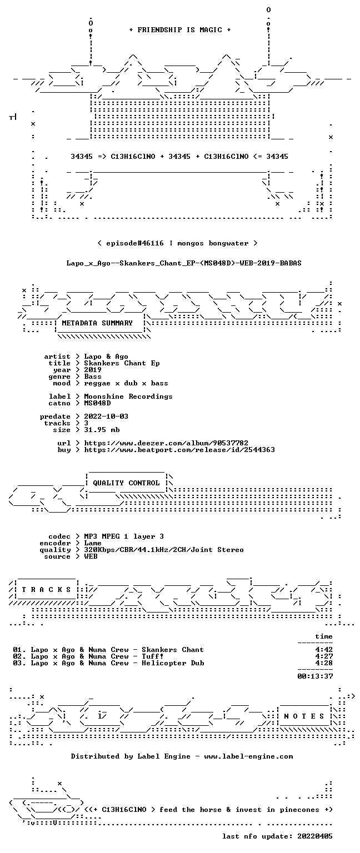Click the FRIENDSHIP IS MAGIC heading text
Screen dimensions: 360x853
[x=180, y=29]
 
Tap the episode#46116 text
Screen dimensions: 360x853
[x=135, y=243]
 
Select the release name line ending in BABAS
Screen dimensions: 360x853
[x=184, y=263]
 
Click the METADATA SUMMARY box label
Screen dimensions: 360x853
[x=97, y=323]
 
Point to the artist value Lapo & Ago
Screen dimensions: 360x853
[x=106, y=357]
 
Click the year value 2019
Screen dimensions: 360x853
[x=93, y=370]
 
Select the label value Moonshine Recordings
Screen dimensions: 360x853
[x=128, y=397]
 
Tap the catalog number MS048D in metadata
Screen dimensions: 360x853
[x=98, y=403]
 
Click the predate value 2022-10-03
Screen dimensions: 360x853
[x=106, y=416]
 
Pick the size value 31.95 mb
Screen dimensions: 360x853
[x=102, y=429]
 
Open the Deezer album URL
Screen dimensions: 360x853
[x=166, y=443]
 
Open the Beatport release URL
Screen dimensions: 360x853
[x=179, y=450]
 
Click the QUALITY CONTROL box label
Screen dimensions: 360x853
[x=126, y=483]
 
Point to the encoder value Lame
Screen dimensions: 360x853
[x=93, y=543]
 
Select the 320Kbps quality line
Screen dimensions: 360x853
[x=164, y=549]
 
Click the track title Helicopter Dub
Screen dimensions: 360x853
[x=173, y=663]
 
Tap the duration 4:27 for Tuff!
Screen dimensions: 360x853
[x=324, y=656]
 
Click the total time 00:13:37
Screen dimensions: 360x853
[x=315, y=676]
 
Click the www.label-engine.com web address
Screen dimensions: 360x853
[x=248, y=756]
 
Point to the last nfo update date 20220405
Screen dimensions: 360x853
[x=315, y=836]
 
